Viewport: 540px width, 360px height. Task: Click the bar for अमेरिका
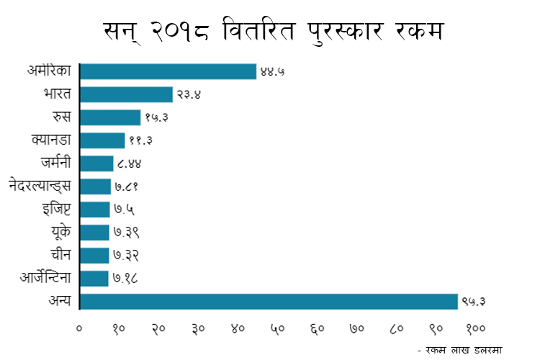click(168, 71)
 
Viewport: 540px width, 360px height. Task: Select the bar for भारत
click(126, 94)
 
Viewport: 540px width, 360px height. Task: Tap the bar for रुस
click(110, 117)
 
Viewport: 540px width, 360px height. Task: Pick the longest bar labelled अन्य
click(269, 301)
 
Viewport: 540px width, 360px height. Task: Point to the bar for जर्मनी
click(96, 163)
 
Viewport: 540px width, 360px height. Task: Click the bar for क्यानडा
click(102, 140)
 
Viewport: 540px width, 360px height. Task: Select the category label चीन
click(60, 255)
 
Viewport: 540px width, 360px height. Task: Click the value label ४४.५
click(273, 71)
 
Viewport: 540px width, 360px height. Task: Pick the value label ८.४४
click(129, 163)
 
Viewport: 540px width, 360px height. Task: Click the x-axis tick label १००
click(474, 328)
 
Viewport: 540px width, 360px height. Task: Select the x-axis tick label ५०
click(278, 328)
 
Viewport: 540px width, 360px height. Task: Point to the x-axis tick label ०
click(80, 328)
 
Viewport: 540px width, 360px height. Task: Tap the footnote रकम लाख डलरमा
click(462, 348)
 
